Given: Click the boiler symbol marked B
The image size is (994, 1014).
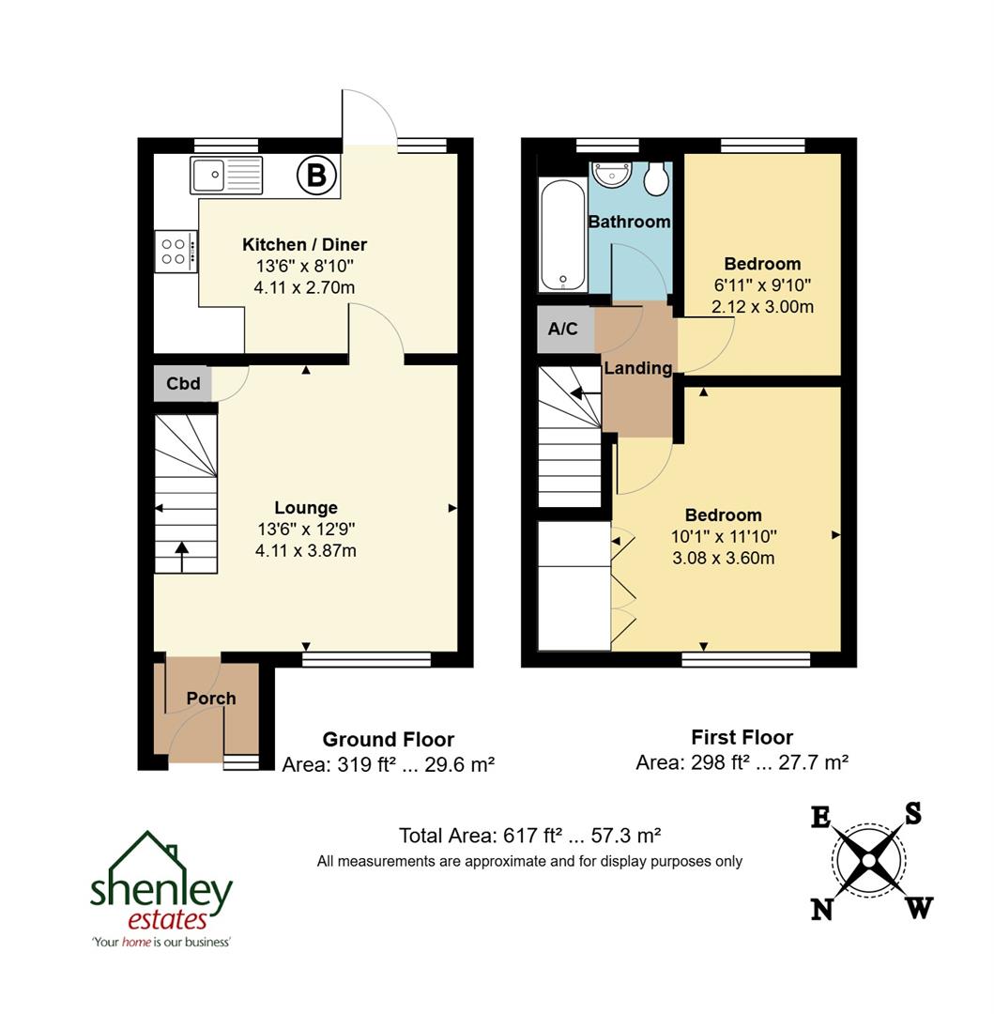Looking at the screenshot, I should (x=316, y=175).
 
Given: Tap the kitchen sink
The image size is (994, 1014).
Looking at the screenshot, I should (x=228, y=175).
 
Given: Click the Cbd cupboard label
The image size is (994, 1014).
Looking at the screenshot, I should (x=183, y=384).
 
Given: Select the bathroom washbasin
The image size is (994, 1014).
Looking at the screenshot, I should (x=615, y=176).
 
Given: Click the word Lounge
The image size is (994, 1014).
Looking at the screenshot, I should (x=306, y=508).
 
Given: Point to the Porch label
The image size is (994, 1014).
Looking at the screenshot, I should (x=211, y=699).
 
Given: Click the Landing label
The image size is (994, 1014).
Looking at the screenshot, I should (x=638, y=368).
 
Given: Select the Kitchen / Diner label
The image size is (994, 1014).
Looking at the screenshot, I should (x=305, y=245).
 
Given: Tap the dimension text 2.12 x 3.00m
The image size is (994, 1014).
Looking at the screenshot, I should (x=762, y=307).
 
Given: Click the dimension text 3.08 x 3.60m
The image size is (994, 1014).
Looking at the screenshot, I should (x=723, y=559).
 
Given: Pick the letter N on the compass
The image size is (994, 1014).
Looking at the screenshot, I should (x=822, y=909).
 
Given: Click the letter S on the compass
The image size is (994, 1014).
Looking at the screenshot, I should (x=911, y=813).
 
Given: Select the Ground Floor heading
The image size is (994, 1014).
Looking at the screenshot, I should (x=388, y=740).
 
